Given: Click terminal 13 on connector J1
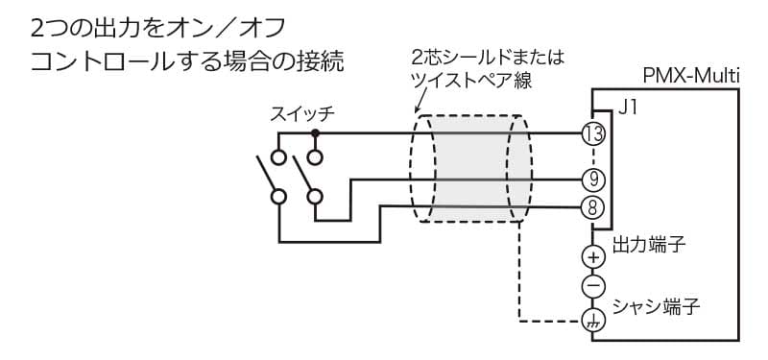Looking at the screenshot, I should point(593,133).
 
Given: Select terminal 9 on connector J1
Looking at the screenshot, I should point(593,179).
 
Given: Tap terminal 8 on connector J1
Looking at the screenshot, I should point(593,204).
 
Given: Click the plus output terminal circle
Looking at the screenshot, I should point(593,256).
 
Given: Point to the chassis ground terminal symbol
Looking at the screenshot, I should point(593,321).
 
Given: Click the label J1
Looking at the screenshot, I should point(628,108).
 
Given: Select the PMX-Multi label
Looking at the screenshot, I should point(689,76).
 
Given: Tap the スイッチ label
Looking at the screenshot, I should point(302,114).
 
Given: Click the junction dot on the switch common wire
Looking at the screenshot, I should point(314,133).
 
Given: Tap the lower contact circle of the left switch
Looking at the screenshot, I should point(278,196).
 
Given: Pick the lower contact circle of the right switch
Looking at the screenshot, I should point(314,196).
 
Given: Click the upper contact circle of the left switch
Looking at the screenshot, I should point(278,155).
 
